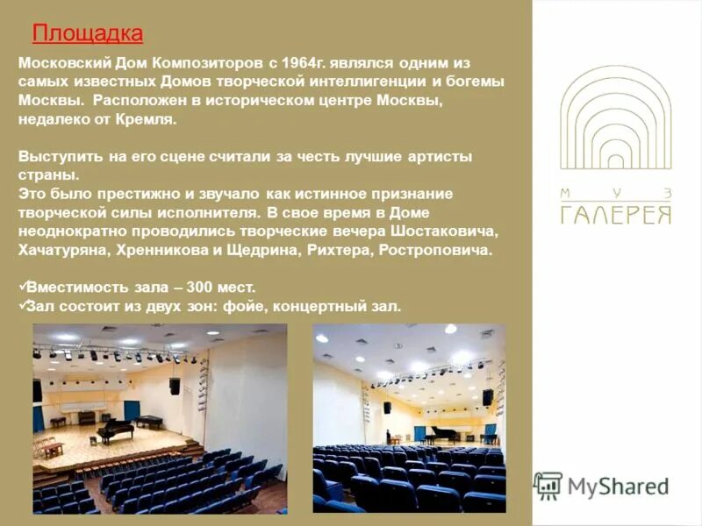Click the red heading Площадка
coord(87,33)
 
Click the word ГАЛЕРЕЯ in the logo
coord(616,215)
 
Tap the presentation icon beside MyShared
coord(548,485)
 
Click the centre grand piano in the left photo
coord(116,430)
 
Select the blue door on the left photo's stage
coord(132,412)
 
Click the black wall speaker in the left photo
coord(175,386)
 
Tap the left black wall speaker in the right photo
coord(386,408)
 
